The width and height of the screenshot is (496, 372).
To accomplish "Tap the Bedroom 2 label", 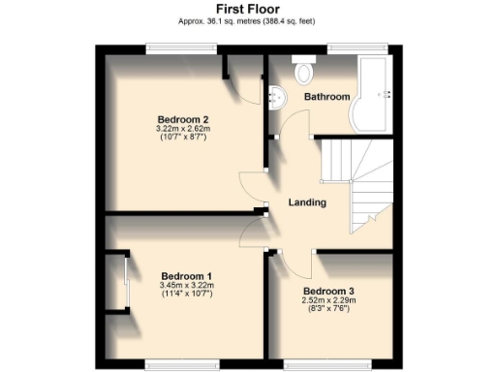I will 181,119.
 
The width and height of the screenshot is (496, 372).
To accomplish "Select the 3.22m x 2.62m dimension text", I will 181,129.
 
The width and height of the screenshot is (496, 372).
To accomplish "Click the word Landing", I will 307,202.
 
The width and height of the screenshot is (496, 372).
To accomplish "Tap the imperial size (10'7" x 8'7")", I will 181,138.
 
